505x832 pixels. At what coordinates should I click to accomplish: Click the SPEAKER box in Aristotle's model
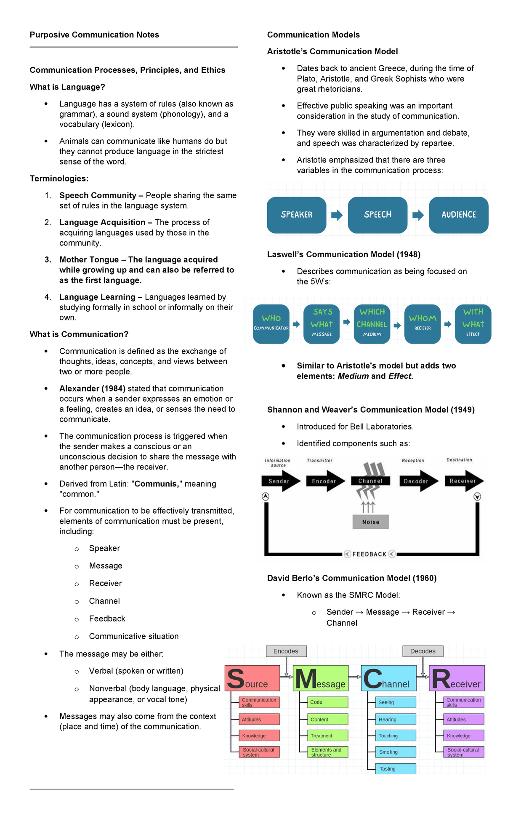[x=296, y=215]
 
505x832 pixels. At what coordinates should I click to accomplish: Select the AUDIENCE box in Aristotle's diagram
[x=458, y=215]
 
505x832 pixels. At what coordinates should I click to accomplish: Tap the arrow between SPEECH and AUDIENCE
[x=418, y=215]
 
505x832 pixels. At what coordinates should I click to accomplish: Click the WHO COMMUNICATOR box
[x=271, y=324]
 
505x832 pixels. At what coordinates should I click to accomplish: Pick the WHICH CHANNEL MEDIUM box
[x=372, y=324]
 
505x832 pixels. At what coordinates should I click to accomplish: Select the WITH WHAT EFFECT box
[x=473, y=324]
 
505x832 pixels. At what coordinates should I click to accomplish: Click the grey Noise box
[x=370, y=522]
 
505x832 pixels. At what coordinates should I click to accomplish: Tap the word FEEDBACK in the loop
[x=369, y=554]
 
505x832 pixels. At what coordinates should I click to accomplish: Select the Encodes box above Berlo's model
[x=286, y=651]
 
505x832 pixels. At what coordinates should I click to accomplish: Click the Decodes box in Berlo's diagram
[x=423, y=651]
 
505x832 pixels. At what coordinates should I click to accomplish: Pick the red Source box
[x=252, y=678]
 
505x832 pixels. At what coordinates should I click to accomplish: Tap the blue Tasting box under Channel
[x=391, y=768]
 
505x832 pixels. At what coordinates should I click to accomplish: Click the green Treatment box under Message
[x=323, y=736]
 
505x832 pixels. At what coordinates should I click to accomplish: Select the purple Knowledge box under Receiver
[x=460, y=736]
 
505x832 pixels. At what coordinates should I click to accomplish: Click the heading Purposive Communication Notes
[x=94, y=35]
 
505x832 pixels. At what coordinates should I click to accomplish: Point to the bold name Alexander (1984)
[x=92, y=388]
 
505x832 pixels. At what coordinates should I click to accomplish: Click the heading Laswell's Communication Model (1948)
[x=343, y=254]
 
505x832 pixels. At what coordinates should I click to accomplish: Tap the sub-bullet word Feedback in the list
[x=107, y=619]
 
